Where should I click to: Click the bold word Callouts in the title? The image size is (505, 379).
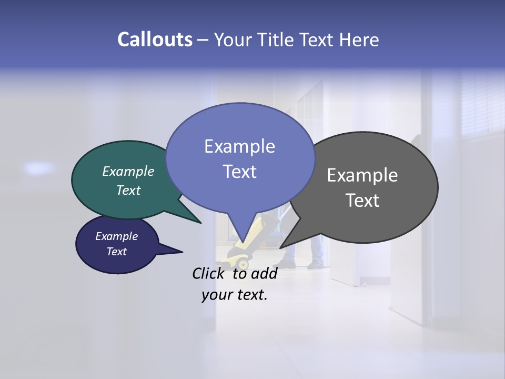coord(155,39)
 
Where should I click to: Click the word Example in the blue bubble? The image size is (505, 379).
coord(239,146)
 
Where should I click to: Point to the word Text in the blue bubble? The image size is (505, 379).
coord(239,171)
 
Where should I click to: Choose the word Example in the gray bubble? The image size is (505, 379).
coord(362,175)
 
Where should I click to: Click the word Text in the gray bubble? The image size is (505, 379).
coord(362,201)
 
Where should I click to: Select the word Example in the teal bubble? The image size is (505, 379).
coord(128,171)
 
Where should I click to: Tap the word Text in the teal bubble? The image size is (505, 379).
coord(128,190)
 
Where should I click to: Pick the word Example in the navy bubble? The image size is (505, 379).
coord(116,236)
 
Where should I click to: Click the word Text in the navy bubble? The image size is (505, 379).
coord(116,252)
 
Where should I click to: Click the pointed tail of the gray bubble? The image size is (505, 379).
coord(282,246)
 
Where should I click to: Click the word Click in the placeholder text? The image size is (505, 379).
coord(209,273)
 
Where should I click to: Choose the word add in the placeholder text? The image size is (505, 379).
coord(264,273)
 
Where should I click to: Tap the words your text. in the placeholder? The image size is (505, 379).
coord(235,295)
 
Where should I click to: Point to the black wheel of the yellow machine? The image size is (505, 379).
coord(243,263)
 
